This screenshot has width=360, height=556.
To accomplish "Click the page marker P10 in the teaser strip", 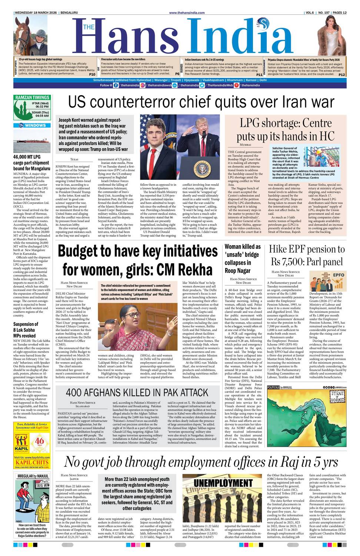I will click(x=92, y=75).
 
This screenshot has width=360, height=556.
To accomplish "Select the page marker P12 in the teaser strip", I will click(x=341, y=75).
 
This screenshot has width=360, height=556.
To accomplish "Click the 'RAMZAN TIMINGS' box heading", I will click(x=32, y=97).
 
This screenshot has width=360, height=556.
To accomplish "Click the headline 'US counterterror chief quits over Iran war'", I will click(x=201, y=102).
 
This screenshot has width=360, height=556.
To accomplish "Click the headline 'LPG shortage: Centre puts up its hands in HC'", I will click(x=285, y=129).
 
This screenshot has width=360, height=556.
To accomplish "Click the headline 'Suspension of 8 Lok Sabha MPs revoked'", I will click(x=24, y=330).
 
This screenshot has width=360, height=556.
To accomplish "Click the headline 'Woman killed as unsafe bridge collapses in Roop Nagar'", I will click(x=243, y=258).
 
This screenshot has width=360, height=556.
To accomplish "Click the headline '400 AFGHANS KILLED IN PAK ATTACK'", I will click(x=137, y=393).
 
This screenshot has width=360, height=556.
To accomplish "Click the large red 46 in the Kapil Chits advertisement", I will click(x=40, y=441).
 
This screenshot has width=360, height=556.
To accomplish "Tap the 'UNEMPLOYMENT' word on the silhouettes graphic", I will click(x=223, y=483).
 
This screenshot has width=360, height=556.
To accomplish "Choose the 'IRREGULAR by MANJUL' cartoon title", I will click(x=33, y=476).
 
